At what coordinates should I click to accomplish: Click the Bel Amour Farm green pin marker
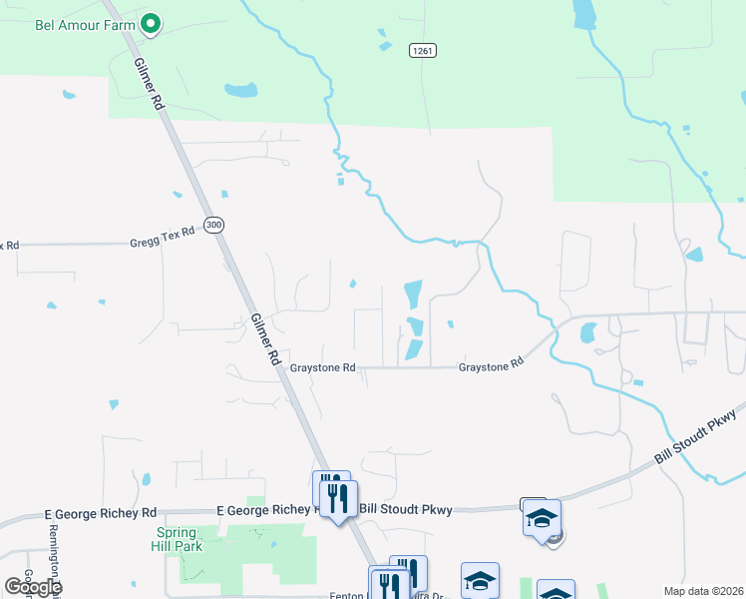coord(151,22)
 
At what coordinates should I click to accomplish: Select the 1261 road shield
coord(422,50)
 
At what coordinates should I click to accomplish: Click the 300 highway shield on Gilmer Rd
coord(213,225)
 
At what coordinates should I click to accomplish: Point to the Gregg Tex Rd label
coord(159,243)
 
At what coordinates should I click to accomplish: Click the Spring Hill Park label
coord(173,540)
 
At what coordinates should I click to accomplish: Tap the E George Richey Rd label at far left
coord(101,513)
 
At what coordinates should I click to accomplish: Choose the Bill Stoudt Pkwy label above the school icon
coord(405,510)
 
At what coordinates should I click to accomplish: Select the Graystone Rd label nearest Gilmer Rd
coord(322,367)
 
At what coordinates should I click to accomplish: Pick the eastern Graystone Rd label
coord(491,366)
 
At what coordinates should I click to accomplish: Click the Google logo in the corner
coord(33,587)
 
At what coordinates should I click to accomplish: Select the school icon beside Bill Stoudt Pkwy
coord(543,519)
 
